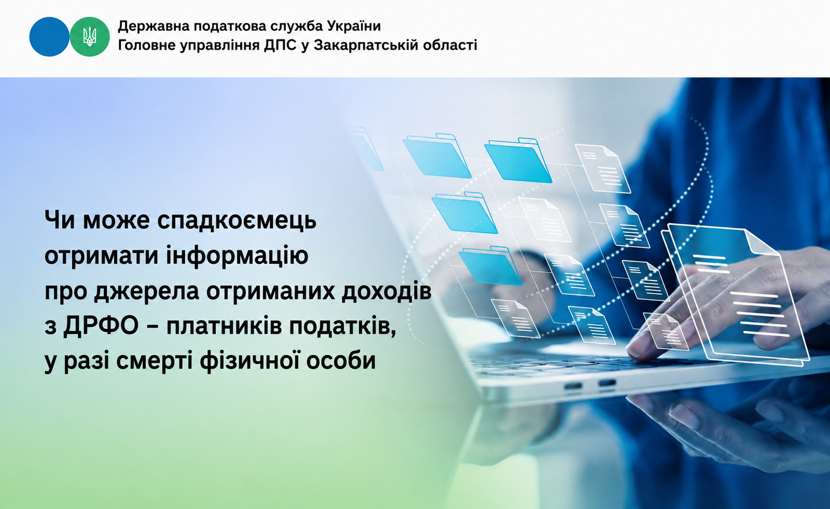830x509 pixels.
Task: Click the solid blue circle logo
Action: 49,37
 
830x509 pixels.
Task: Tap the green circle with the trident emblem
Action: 90,37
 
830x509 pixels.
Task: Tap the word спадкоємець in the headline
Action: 237,220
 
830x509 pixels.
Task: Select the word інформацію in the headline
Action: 237,255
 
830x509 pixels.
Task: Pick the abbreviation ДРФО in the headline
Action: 101,327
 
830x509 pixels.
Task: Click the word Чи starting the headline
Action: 61,220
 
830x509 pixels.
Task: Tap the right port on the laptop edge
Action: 607,383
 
